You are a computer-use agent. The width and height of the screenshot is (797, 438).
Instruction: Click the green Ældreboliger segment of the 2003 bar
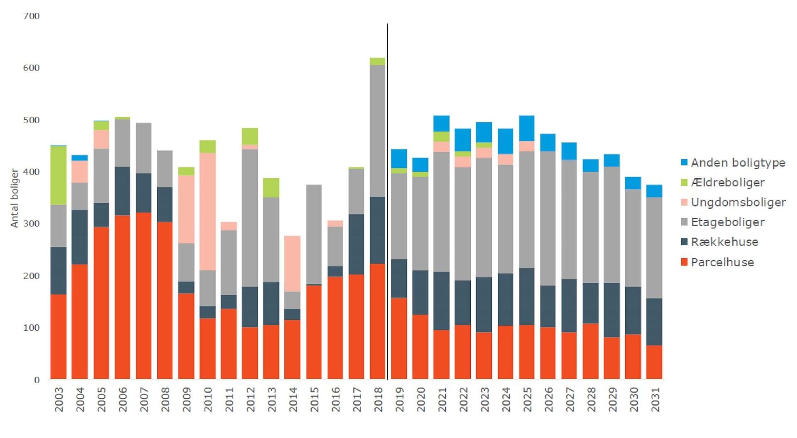(59, 175)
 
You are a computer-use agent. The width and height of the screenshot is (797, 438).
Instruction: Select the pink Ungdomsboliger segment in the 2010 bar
(208, 212)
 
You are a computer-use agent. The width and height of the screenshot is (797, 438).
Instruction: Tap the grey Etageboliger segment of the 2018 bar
(377, 131)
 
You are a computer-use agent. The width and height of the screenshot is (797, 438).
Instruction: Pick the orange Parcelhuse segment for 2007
(144, 296)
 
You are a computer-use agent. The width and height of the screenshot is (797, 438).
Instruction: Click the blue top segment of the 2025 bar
(527, 128)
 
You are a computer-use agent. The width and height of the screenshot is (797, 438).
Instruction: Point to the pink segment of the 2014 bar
(293, 264)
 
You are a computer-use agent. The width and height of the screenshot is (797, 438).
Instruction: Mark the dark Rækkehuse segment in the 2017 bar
(356, 244)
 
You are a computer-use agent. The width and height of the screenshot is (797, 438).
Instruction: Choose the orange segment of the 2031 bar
(654, 362)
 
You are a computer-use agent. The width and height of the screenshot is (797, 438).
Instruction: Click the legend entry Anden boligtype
(738, 163)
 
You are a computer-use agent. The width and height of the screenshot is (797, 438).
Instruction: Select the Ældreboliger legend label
(727, 182)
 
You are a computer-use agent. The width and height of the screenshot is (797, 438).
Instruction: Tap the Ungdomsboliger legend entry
(738, 202)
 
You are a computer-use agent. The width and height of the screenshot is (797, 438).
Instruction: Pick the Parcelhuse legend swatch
(685, 262)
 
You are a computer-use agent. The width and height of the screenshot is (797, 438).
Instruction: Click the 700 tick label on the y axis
(32, 16)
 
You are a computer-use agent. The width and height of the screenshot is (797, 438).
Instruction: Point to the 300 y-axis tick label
(32, 224)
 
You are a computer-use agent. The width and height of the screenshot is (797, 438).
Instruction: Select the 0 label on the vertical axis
(37, 380)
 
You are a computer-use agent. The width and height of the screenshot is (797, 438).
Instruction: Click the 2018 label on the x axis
(378, 399)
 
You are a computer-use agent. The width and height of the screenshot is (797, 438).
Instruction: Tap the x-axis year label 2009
(186, 399)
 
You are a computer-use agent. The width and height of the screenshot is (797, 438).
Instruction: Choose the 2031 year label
(655, 399)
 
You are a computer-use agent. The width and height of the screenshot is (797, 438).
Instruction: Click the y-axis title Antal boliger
(15, 198)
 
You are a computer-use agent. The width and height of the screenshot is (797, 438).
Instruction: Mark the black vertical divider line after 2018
(388, 199)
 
